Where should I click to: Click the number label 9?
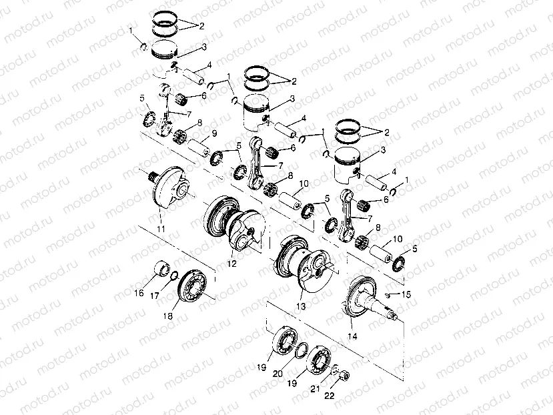click(214, 133)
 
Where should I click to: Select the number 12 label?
click(231, 264)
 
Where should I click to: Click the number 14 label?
click(352, 338)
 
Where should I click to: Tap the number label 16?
click(140, 292)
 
